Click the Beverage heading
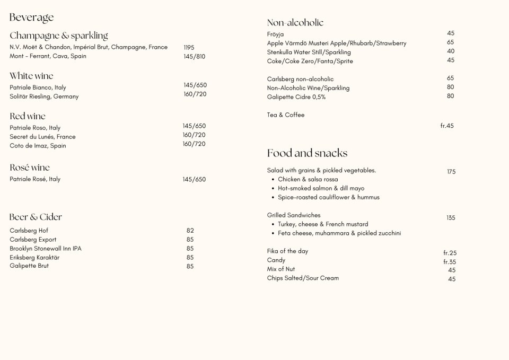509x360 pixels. tap(31, 17)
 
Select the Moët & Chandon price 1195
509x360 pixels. tap(189, 48)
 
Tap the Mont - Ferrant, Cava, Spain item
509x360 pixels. tap(48, 56)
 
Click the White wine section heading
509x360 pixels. tap(31, 76)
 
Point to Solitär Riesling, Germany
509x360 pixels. tap(44, 96)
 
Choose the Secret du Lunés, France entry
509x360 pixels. tap(42, 137)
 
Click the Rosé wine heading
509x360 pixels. tap(30, 168)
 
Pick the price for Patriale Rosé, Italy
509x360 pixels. tap(194, 180)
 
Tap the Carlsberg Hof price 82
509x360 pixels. tap(190, 231)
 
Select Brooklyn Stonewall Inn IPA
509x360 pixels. tap(46, 249)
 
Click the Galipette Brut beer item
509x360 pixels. tap(29, 266)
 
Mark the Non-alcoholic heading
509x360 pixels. tap(295, 23)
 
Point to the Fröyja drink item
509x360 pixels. tap(275, 34)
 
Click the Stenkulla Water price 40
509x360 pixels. tap(451, 51)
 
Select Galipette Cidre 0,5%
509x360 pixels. tap(296, 97)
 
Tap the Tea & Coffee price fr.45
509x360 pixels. tap(447, 126)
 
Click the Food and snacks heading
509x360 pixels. tap(307, 153)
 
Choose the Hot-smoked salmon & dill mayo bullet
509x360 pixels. tap(321, 188)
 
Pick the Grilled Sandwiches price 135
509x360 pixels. tap(451, 218)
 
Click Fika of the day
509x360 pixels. tap(287, 251)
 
